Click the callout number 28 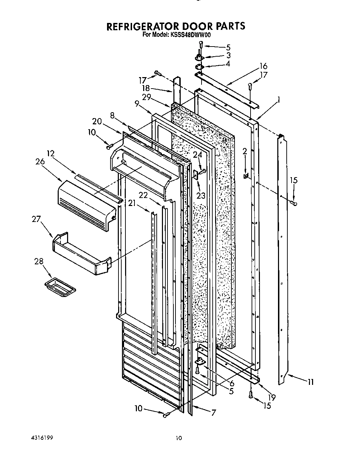(39, 261)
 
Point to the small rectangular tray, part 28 (60, 288)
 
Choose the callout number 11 (310, 382)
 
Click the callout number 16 (263, 66)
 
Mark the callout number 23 (201, 196)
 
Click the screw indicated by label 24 (203, 171)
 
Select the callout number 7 (214, 413)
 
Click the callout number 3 (228, 55)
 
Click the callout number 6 (231, 384)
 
